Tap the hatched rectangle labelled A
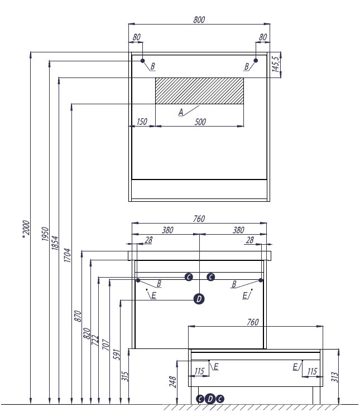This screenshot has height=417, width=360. pos(199,91)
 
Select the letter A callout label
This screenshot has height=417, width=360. pos(181,112)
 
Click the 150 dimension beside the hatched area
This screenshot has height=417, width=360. pos(141,122)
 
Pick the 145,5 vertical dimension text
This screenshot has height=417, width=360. pos(275,65)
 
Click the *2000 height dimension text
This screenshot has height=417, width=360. pos(26,231)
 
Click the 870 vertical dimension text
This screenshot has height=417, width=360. pos(78,316)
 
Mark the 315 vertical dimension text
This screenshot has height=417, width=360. pos(126,376)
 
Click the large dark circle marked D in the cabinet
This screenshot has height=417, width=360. pos(199,299)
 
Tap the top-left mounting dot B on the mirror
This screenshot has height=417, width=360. pos(143,61)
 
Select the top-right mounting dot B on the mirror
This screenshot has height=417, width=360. pos(256,61)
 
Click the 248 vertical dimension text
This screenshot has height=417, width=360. pos(174,381)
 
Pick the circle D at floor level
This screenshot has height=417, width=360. pos(210,398)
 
